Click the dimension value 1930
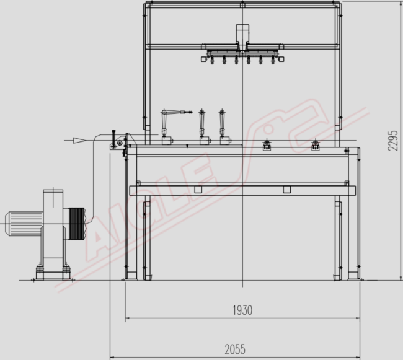(242, 310)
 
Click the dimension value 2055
(235, 349)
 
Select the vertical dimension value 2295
(392, 141)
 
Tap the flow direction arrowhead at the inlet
(79, 141)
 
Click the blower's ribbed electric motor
(25, 224)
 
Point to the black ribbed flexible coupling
(77, 224)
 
